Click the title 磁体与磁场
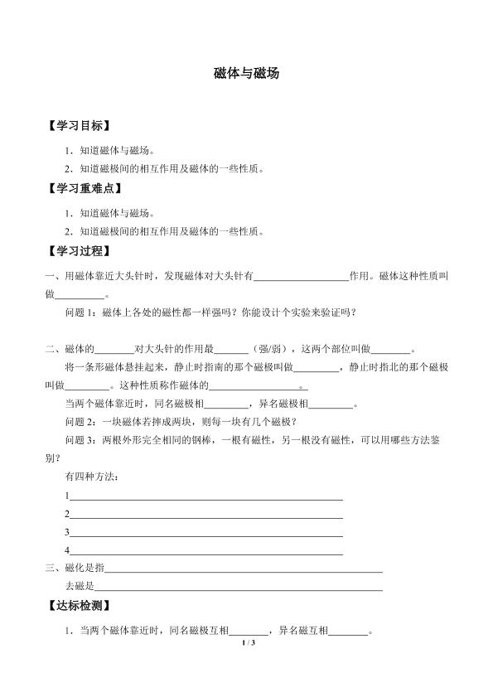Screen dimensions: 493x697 pos(246,73)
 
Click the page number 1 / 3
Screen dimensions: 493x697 pos(246,643)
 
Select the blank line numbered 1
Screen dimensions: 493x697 pos(206,496)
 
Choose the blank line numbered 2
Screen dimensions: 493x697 pos(206,515)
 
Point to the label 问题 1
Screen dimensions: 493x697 pos(80,312)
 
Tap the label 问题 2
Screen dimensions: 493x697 pos(80,422)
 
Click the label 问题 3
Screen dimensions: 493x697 pos(80,440)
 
